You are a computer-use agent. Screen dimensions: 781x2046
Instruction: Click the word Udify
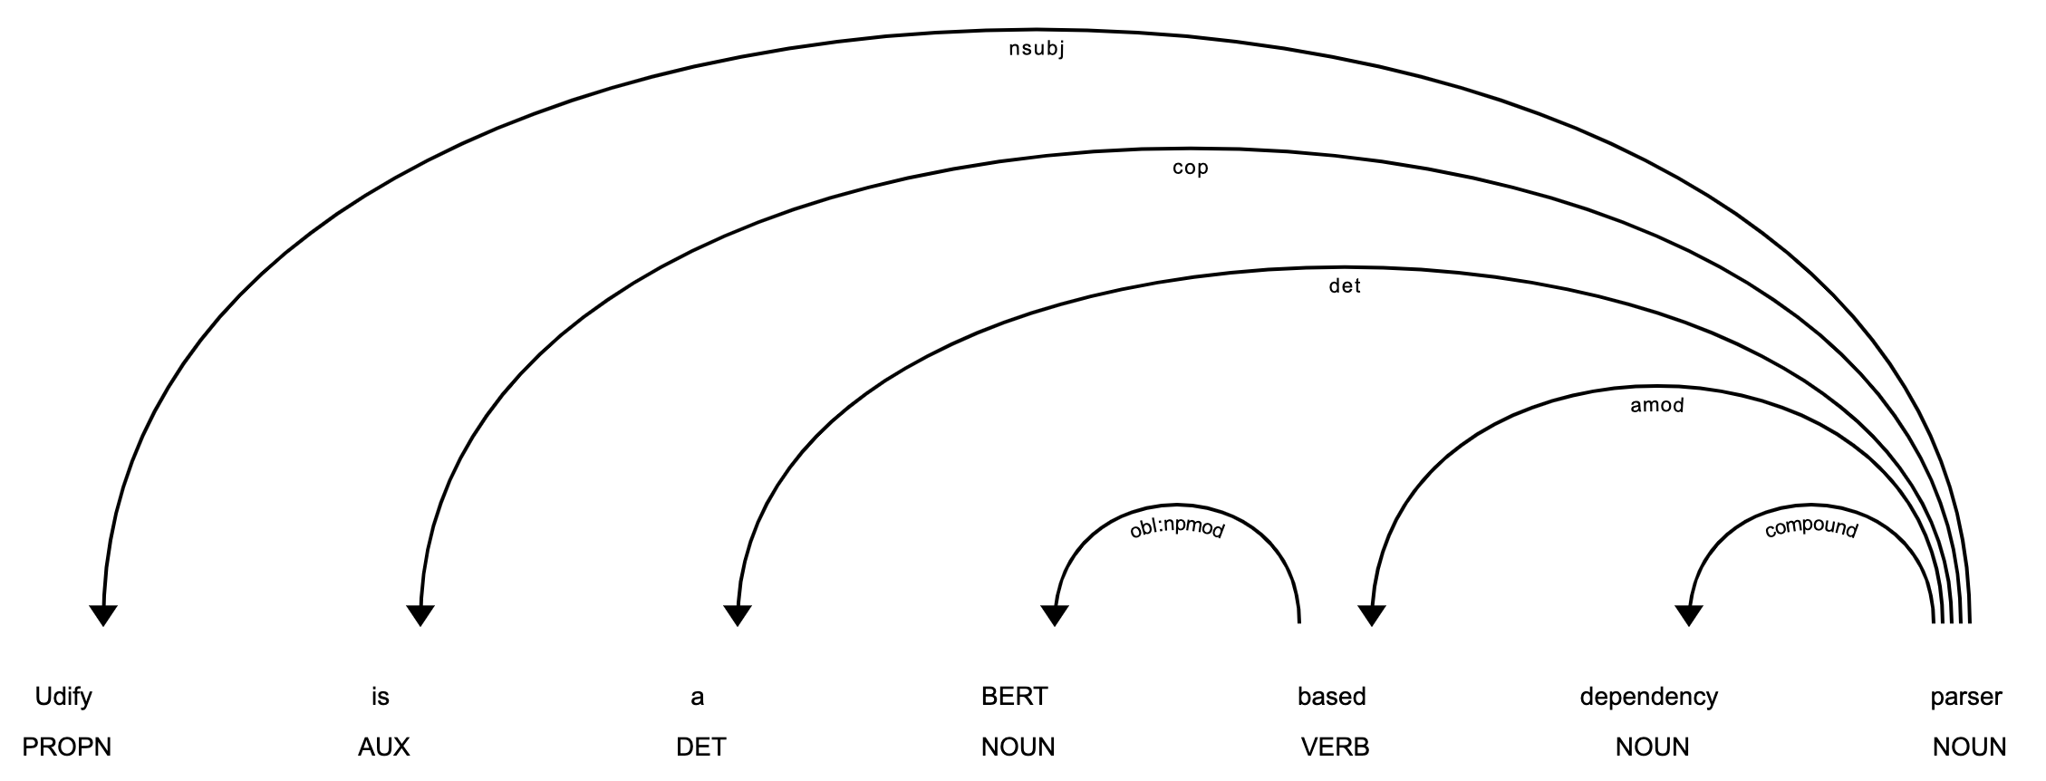click(x=63, y=697)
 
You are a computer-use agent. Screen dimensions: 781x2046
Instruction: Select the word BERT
click(x=1014, y=697)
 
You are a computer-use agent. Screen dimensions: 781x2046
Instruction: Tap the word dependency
click(x=1648, y=697)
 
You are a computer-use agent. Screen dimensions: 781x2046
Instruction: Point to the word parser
click(x=1965, y=697)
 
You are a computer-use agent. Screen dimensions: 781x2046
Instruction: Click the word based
click(x=1331, y=697)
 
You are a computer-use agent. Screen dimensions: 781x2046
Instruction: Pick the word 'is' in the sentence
click(x=381, y=697)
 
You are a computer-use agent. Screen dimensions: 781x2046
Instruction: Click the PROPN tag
click(x=66, y=747)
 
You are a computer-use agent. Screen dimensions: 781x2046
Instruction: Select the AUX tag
click(x=383, y=747)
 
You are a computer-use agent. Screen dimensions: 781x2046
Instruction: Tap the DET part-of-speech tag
click(x=700, y=747)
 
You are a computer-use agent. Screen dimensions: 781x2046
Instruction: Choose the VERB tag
click(x=1335, y=747)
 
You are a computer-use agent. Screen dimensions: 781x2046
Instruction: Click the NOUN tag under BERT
click(x=1018, y=747)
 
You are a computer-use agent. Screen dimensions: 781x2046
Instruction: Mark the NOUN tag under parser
click(x=1969, y=747)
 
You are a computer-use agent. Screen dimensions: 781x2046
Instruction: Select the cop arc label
click(x=1190, y=169)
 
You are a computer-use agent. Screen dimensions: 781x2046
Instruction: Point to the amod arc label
click(x=1656, y=406)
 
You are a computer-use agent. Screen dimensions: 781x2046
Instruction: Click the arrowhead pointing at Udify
click(x=103, y=615)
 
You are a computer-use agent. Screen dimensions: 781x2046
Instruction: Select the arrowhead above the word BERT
click(x=1054, y=615)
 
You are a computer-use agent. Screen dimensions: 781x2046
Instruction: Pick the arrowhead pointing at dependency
click(x=1688, y=615)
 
